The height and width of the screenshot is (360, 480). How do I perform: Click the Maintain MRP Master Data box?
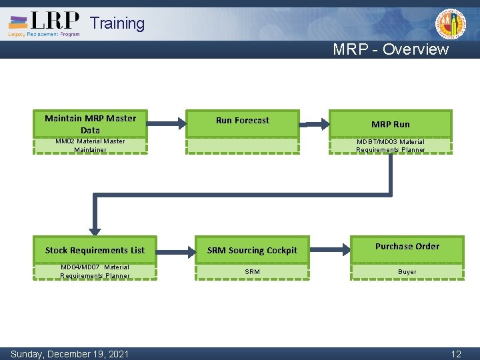pyautogui.click(x=90, y=123)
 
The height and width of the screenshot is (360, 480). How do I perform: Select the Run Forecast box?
pyautogui.click(x=243, y=121)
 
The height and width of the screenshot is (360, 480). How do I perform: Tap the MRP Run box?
pyautogui.click(x=391, y=124)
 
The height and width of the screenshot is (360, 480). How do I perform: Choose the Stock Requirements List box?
pyautogui.click(x=95, y=250)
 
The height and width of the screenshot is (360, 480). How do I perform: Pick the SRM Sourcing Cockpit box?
pyautogui.click(x=252, y=250)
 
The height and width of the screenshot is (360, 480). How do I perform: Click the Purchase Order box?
pyautogui.click(x=407, y=247)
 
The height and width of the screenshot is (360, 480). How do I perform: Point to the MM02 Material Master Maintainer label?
pyautogui.click(x=90, y=145)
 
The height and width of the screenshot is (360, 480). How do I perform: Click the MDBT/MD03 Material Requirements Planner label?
pyautogui.click(x=391, y=145)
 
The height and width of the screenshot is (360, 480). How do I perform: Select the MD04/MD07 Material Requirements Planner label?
pyautogui.click(x=95, y=271)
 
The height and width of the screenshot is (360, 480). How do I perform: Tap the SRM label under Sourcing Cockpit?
pyautogui.click(x=252, y=271)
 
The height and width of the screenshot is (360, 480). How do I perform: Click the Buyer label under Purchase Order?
pyautogui.click(x=407, y=271)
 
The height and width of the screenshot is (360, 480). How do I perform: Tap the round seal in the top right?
pyautogui.click(x=451, y=24)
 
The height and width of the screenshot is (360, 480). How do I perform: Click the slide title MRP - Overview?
pyautogui.click(x=391, y=49)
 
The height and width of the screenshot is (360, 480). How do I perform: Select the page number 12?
pyautogui.click(x=456, y=354)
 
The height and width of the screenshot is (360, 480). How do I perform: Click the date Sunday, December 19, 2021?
pyautogui.click(x=70, y=354)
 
